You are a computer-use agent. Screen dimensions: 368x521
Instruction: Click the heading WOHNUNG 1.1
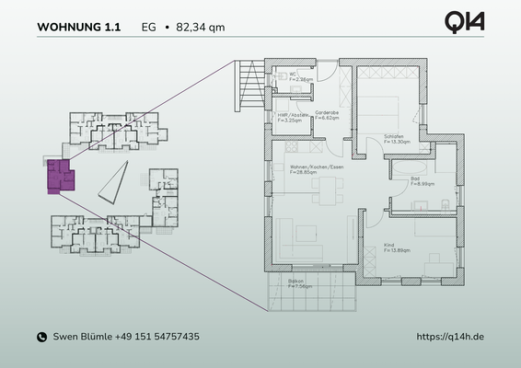[78, 27]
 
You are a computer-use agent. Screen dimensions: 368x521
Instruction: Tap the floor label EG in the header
[148, 27]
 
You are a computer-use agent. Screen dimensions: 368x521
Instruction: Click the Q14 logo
[464, 23]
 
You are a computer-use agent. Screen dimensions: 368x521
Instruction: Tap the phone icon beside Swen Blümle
[41, 338]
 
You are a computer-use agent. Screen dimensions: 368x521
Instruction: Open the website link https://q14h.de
[450, 338]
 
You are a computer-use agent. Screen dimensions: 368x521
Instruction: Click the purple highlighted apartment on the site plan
[60, 176]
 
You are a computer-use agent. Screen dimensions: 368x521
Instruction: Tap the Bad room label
[416, 180]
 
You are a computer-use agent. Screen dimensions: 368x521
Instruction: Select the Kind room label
[388, 245]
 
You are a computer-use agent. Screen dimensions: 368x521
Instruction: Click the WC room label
[292, 76]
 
